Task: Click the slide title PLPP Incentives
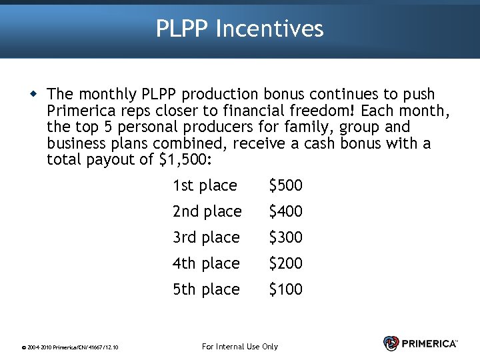coord(240,29)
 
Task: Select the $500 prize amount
coord(285,185)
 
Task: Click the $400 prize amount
coord(285,211)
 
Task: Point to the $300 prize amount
coord(285,237)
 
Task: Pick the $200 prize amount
coord(285,263)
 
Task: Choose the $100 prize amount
coord(285,289)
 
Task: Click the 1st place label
coord(205,185)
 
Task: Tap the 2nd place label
coord(207,211)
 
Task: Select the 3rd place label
coord(206,237)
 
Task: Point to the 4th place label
coord(206,263)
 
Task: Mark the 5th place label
coord(206,289)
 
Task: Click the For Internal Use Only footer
coord(239,346)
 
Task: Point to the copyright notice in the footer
coord(70,347)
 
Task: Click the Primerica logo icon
coord(391,343)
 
